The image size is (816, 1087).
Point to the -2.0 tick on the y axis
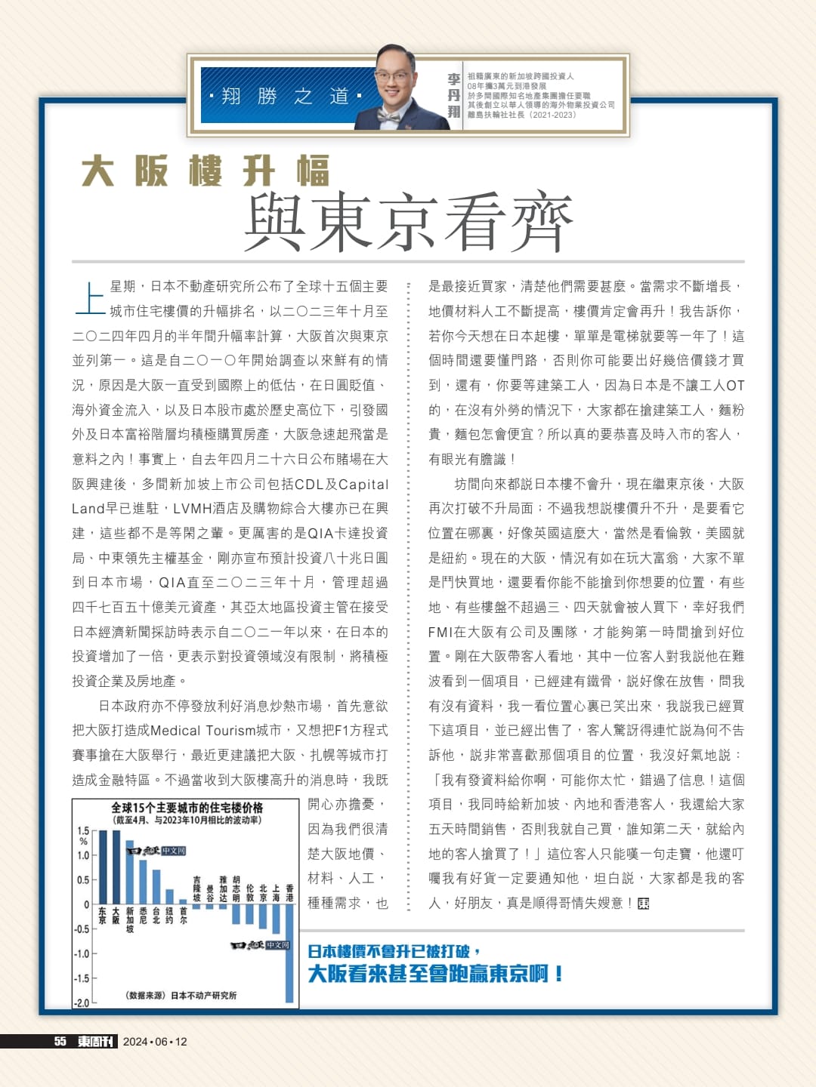(x=81, y=1003)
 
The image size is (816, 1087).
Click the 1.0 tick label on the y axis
(x=83, y=855)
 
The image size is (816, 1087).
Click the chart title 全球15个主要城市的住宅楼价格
(x=187, y=807)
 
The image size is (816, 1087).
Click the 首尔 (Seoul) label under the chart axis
(x=184, y=916)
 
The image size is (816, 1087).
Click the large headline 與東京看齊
(x=408, y=222)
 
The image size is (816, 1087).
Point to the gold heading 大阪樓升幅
(x=206, y=171)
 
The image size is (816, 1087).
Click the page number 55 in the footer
(x=60, y=1042)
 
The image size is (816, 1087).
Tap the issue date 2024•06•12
(x=155, y=1042)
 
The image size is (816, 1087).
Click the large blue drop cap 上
(x=90, y=298)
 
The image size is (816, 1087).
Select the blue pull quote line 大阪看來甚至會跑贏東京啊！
(x=435, y=974)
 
